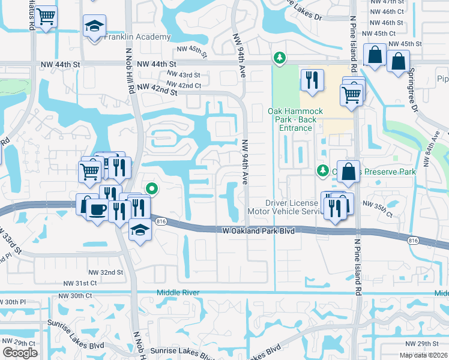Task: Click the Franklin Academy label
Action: point(137,37)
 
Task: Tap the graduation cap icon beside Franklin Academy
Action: point(94,27)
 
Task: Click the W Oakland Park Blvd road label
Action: point(258,230)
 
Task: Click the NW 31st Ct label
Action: point(80,283)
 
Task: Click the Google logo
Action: point(20,353)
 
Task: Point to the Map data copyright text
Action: point(424,355)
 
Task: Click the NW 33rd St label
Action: point(11,241)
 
